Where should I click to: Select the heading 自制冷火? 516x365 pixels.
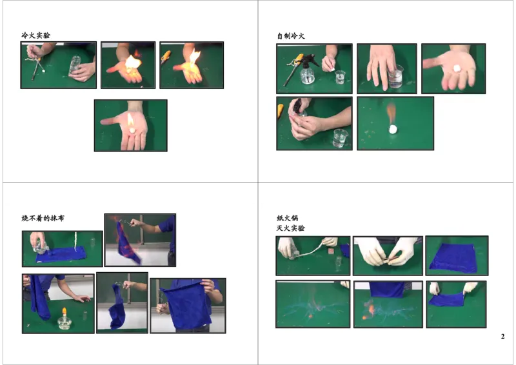(290, 35)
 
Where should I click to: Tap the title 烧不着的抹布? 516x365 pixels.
(43, 218)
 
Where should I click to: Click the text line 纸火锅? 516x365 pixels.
(287, 218)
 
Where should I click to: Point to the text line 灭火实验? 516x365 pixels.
(290, 228)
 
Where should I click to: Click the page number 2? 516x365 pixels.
(502, 337)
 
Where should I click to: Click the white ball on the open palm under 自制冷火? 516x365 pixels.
(457, 67)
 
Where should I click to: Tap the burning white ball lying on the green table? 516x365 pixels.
(392, 129)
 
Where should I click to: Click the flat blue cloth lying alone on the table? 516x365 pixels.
(453, 257)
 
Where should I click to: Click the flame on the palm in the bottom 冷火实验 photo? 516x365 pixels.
(131, 122)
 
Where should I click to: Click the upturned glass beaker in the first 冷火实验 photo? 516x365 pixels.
(75, 63)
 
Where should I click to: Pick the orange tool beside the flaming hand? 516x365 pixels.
(166, 56)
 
